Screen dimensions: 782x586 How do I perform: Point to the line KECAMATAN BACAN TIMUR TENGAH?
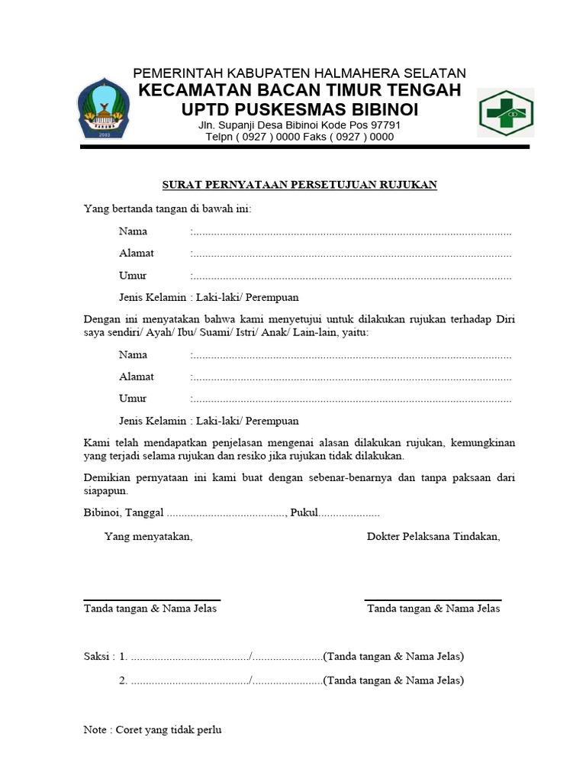(x=300, y=91)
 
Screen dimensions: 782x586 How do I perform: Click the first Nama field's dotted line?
(x=351, y=232)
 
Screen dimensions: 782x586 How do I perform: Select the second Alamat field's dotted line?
(x=351, y=377)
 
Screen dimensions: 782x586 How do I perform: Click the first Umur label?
(x=133, y=276)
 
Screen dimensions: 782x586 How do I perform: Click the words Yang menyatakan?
(x=149, y=537)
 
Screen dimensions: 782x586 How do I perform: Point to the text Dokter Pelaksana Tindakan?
(x=433, y=537)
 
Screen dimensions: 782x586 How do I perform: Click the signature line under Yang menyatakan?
(x=152, y=599)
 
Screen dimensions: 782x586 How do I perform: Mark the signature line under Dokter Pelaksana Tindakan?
(x=433, y=599)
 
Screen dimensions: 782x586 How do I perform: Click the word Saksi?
(x=98, y=656)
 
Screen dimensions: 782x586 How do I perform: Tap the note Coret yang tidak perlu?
(x=169, y=730)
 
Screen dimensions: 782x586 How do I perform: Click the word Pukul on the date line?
(x=304, y=514)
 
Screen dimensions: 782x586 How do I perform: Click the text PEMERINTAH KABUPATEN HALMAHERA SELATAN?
(x=300, y=73)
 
